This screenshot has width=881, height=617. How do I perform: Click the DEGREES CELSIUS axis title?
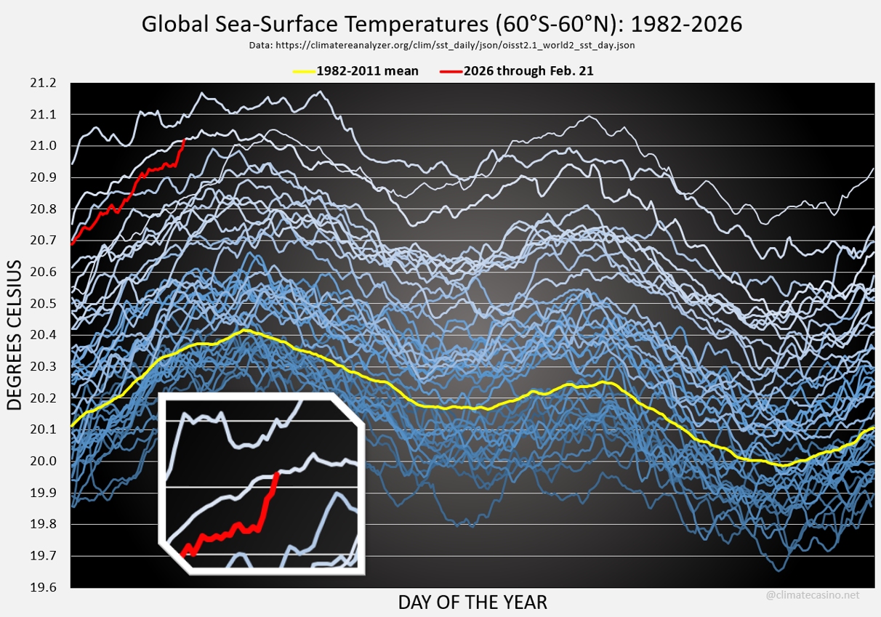[x=17, y=335]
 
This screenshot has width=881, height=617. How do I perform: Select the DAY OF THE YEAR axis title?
[x=472, y=602]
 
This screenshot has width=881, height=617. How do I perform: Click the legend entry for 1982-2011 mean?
[x=367, y=71]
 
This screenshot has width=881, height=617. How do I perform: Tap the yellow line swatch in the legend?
[x=303, y=71]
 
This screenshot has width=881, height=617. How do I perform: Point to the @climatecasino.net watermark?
[x=813, y=595]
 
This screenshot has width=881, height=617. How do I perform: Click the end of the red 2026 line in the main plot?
[x=185, y=139]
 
